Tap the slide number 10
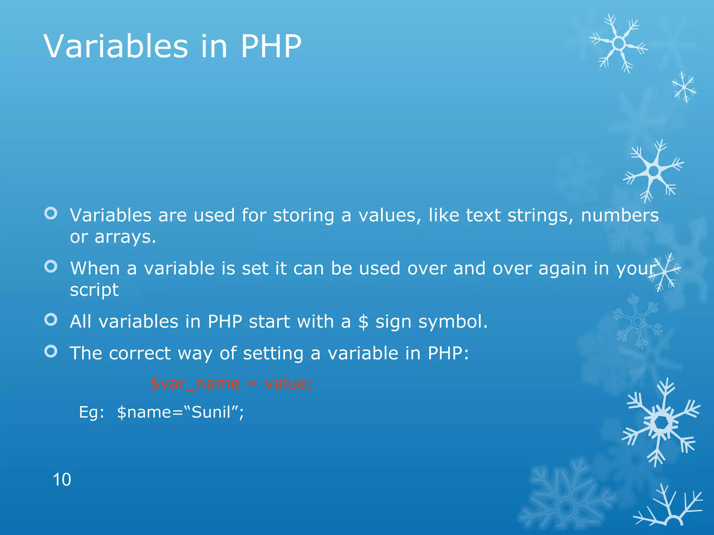pos(62,480)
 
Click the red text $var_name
pos(195,383)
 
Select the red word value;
pos(289,383)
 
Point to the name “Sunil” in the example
pos(211,412)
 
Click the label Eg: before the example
pos(91,412)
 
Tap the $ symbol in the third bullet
pos(363,321)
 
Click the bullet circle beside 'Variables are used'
pos(51,213)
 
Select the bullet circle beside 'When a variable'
pos(51,266)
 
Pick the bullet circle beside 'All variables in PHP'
pos(51,319)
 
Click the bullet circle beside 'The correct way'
pos(51,351)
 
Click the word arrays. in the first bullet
pos(125,237)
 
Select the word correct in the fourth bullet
pos(139,353)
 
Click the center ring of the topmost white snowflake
pos(619,44)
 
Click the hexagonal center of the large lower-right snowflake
pos(660,422)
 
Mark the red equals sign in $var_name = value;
pos(252,383)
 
